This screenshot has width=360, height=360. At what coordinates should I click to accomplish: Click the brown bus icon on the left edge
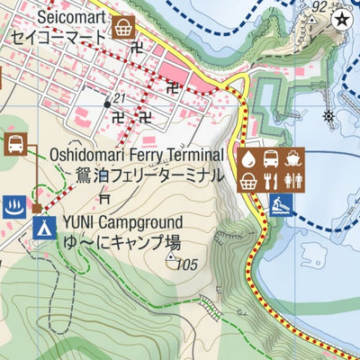[x=15, y=143]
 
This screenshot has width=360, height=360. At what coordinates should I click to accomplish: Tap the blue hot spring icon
[x=13, y=204]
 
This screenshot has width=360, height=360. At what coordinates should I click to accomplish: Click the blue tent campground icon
[x=40, y=228]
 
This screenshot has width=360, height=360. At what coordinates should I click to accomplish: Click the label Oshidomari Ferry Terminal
[x=136, y=155]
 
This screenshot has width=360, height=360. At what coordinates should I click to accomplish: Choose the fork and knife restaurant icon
[x=272, y=183]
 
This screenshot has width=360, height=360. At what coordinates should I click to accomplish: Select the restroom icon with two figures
[x=294, y=183]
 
